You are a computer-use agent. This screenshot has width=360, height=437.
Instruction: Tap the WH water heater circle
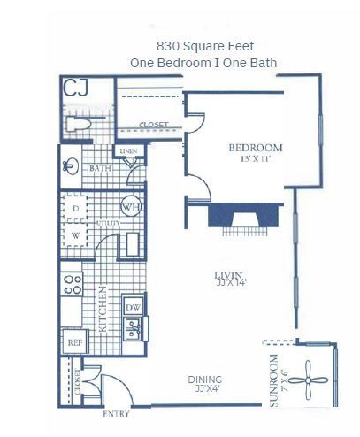(131, 207)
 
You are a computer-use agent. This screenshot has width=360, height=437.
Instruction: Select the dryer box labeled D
(76, 208)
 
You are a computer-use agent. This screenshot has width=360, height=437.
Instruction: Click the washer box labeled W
(76, 235)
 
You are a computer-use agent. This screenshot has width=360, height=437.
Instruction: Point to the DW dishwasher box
(133, 308)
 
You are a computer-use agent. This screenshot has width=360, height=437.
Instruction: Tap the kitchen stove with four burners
(70, 285)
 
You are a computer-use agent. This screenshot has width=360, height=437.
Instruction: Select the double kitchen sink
(133, 330)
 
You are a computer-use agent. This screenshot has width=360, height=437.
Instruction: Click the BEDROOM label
(255, 148)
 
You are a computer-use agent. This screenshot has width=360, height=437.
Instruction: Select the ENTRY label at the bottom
(117, 413)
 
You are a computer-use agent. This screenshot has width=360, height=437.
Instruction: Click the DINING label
(204, 380)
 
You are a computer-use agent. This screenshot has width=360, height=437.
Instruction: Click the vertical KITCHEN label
(103, 308)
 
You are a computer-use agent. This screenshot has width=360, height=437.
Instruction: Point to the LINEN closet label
(128, 152)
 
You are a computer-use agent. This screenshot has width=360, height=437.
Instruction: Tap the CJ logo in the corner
(76, 88)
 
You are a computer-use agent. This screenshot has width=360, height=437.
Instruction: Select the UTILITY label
(109, 223)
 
